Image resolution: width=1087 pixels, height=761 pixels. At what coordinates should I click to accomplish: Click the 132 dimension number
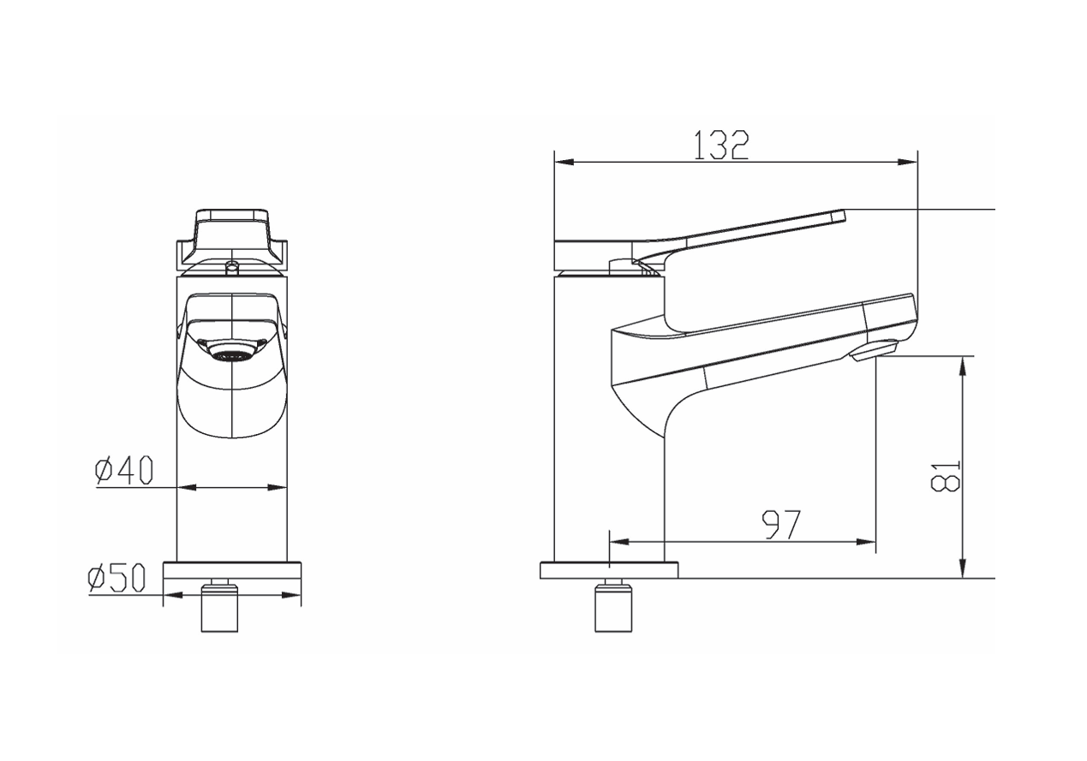coord(721,145)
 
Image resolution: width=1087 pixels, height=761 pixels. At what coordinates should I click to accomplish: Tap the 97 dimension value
coord(780,525)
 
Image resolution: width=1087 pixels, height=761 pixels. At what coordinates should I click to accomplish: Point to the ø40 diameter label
coord(124,470)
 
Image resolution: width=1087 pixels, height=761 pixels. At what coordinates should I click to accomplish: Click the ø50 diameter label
coord(117,578)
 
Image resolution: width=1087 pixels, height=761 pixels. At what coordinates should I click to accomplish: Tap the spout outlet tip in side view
coord(874,351)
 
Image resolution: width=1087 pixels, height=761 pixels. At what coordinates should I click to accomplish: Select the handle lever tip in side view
coord(838,217)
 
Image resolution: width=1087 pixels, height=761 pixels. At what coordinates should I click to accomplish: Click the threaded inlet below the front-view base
coord(219,606)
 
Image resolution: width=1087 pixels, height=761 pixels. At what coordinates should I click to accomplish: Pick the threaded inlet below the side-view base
coord(614,606)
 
